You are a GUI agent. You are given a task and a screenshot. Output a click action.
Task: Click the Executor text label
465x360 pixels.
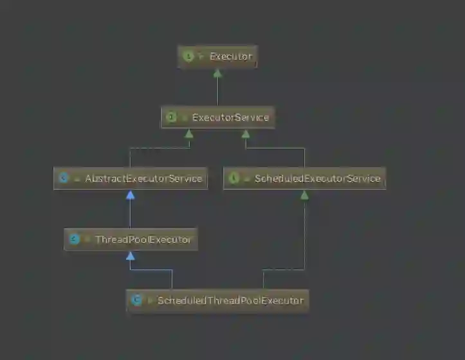coord(231,57)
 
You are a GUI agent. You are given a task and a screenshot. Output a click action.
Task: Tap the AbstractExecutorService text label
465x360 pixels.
coord(143,178)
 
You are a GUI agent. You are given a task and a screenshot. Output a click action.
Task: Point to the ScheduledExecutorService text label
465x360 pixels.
coord(318,178)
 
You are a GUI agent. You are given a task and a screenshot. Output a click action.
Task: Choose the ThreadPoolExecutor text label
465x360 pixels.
coord(143,239)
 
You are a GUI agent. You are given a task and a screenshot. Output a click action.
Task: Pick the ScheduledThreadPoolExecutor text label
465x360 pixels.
coord(230,300)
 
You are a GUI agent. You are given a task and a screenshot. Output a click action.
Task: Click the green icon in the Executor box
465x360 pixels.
coord(188,57)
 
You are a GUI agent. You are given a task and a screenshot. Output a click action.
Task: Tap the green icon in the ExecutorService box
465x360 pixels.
coord(171,118)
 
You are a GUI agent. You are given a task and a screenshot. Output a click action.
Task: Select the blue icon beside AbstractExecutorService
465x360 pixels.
coord(63,178)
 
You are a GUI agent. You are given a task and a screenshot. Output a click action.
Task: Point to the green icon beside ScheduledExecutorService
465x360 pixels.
coord(233,178)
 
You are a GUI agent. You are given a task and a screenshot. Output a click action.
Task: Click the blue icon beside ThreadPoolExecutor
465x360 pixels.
coord(73,239)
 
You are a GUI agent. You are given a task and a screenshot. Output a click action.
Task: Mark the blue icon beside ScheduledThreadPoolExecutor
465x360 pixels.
coord(136,300)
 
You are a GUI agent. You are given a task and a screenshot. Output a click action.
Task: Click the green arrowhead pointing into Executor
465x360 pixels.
coord(217,73)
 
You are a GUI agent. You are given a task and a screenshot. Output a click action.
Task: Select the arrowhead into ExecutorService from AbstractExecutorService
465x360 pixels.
coord(189,134)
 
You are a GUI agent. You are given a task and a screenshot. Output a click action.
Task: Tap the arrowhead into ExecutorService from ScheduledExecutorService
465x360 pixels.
coord(246,134)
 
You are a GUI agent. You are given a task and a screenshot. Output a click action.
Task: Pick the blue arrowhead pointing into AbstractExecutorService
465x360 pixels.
coord(131,195)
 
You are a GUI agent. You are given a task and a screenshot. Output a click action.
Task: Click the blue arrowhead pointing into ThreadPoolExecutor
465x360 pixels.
coord(131,256)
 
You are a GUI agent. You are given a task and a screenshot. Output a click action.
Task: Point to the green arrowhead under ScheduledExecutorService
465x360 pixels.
coord(304,195)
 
